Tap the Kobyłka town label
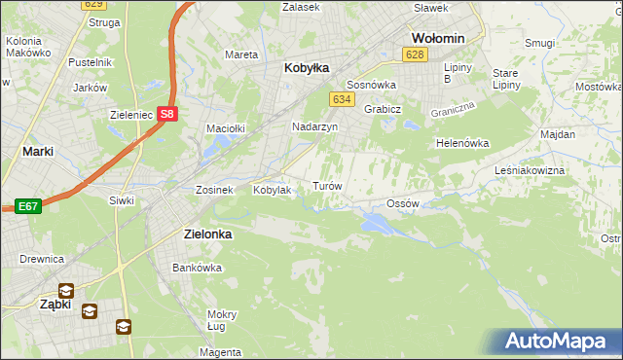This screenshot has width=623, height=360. [307, 68]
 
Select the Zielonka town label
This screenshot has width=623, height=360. [208, 234]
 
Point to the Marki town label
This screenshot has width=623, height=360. [37, 152]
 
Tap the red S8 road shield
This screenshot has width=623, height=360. [168, 114]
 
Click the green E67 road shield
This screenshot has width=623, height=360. [26, 206]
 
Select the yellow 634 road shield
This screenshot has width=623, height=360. [341, 99]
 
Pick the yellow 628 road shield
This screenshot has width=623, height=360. [416, 54]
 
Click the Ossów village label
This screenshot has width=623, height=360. [402, 203]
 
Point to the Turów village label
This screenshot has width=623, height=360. [326, 185]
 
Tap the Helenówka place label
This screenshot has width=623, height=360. [462, 143]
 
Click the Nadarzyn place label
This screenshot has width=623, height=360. [314, 127]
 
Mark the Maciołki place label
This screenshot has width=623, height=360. [225, 127]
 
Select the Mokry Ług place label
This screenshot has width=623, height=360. [222, 320]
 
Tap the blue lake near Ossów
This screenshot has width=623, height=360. [379, 225]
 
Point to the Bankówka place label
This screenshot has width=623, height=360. [192, 268]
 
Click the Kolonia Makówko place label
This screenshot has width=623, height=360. [29, 48]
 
